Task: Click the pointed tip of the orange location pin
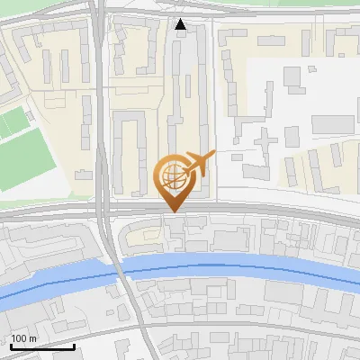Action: click(172, 211)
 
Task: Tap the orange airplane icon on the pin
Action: click(199, 162)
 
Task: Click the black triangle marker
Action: click(181, 25)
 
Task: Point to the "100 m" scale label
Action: click(23, 338)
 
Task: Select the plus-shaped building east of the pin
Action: click(265, 139)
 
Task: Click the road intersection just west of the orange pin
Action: click(106, 216)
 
